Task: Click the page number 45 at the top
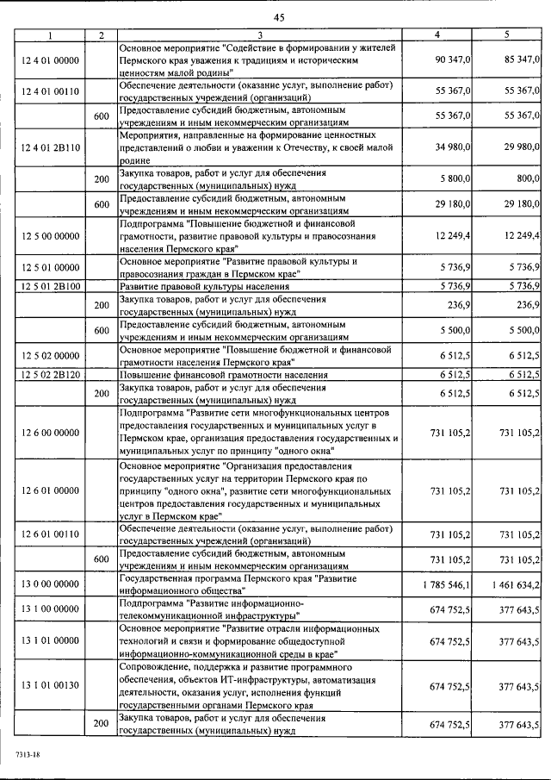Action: point(279,17)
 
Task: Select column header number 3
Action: point(259,35)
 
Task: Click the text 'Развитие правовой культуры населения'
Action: point(204,284)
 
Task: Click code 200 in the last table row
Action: point(101,723)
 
